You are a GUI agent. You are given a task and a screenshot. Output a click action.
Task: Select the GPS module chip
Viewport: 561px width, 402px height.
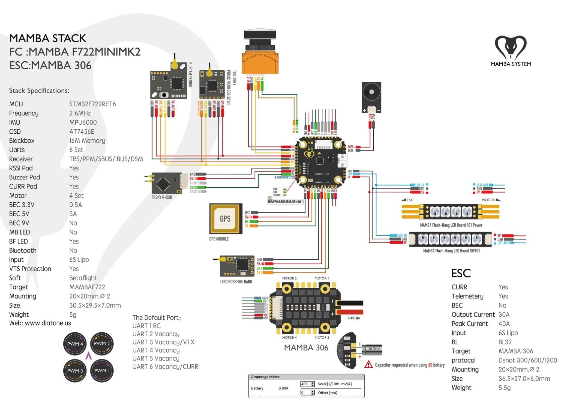point(226,218)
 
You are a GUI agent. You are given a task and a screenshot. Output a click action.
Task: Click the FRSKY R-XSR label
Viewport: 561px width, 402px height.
point(162,197)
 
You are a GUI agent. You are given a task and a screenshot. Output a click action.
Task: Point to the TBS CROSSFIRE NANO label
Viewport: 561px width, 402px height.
point(236,282)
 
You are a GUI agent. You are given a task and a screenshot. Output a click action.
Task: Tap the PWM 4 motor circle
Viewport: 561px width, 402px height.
point(75,344)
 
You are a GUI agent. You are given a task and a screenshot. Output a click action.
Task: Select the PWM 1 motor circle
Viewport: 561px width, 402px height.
point(102,371)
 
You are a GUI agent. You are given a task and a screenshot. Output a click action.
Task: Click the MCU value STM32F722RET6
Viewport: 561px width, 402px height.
point(92,104)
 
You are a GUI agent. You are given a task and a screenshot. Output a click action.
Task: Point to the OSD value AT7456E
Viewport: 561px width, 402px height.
point(82,132)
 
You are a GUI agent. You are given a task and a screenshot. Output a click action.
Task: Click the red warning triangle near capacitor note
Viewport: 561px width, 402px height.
point(368,364)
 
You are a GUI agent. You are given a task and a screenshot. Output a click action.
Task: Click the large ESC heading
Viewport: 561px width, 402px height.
point(461,273)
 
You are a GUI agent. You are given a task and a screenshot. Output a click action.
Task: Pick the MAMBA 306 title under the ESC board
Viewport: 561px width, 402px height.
point(306,348)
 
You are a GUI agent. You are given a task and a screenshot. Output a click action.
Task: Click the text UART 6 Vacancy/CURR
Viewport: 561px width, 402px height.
point(165,367)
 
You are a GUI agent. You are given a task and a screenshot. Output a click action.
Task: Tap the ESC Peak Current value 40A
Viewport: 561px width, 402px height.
point(504,324)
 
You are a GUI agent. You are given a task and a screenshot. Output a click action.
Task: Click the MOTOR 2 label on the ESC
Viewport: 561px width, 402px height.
point(289,278)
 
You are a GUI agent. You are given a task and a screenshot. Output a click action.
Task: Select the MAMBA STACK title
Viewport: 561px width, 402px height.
point(48,38)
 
